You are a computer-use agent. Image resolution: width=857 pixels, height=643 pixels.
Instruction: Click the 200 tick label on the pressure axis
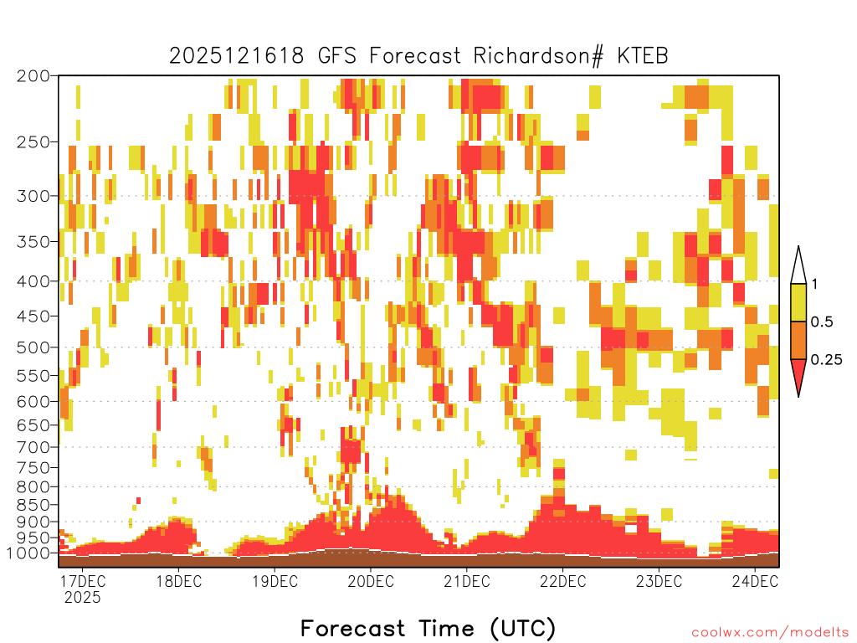[33, 76]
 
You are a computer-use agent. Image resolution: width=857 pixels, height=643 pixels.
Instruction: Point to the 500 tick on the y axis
[33, 347]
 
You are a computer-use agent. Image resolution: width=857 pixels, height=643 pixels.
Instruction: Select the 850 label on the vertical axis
[33, 505]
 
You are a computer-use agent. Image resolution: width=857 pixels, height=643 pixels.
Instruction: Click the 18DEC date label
[179, 581]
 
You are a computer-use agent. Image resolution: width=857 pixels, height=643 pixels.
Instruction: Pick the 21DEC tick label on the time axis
[466, 581]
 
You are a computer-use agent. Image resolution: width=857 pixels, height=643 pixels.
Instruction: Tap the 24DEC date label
[755, 581]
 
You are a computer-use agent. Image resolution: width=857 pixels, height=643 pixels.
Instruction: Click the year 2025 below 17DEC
[83, 597]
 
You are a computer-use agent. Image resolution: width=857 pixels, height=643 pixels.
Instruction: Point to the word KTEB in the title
[642, 56]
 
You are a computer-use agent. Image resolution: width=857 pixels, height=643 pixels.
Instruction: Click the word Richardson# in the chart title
[538, 56]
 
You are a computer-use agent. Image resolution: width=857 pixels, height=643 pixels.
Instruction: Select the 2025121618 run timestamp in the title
[236, 56]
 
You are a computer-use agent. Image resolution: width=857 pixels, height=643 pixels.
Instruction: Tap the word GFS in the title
[336, 56]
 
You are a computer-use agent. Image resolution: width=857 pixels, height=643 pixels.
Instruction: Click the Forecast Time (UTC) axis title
[428, 629]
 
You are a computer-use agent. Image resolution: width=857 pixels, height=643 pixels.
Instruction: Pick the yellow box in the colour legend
[798, 302]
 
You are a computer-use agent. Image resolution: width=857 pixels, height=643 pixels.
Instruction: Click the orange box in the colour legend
[798, 340]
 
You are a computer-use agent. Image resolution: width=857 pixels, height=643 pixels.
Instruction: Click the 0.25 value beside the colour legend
[826, 360]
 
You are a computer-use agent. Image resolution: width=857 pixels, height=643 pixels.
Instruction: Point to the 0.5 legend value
[822, 322]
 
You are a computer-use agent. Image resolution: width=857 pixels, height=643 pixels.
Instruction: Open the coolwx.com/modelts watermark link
[770, 633]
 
